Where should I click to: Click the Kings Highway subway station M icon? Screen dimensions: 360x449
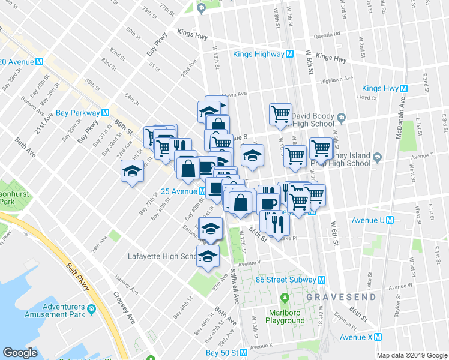[289, 54]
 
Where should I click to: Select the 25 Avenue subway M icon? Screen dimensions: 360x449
[203, 191]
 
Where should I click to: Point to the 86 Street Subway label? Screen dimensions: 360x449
[285, 280]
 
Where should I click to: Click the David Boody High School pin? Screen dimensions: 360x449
[341, 116]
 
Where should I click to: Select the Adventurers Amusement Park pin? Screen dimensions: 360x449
[91, 310]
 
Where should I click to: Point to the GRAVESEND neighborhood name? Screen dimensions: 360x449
[342, 297]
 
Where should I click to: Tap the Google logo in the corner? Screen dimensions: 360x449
[20, 353]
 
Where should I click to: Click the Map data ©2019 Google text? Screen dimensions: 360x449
[411, 355]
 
